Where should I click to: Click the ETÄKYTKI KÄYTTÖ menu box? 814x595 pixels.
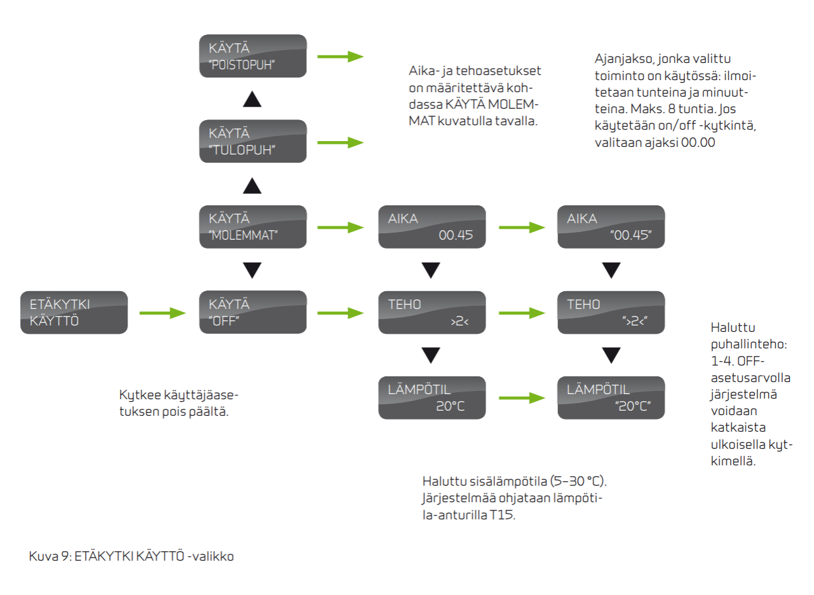(x=74, y=312)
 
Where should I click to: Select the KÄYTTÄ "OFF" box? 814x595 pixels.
(x=253, y=312)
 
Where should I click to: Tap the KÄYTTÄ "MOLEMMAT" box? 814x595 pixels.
(x=253, y=226)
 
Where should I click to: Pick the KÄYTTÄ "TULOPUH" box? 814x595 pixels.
(x=253, y=142)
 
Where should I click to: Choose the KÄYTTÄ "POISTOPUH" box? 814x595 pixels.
(x=253, y=56)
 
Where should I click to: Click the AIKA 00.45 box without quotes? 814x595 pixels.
(x=432, y=226)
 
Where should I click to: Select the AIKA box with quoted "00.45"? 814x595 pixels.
(x=611, y=226)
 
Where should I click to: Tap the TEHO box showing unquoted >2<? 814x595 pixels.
(x=432, y=312)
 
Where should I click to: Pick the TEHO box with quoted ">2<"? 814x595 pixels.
(x=611, y=312)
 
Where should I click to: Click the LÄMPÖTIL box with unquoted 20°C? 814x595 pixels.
(x=432, y=398)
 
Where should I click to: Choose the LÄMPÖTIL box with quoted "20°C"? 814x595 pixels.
(x=611, y=398)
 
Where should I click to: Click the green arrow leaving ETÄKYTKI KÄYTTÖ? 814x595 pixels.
(x=163, y=313)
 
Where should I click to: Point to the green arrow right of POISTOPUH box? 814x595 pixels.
(x=341, y=57)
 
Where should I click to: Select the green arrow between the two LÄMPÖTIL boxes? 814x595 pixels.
(x=522, y=399)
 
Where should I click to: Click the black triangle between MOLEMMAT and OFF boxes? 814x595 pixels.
(x=253, y=270)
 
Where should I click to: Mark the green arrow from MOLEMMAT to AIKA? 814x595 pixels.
(x=341, y=227)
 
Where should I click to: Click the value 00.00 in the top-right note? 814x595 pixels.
(x=698, y=143)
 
